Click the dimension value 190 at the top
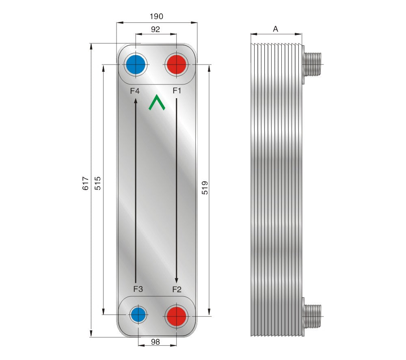(156, 16)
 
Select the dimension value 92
(155, 29)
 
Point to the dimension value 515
(97, 183)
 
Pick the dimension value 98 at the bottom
(155, 342)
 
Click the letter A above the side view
(276, 29)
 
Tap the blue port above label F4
(136, 65)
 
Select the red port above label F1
(177, 65)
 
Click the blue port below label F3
(138, 315)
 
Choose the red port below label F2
(176, 316)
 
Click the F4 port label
(135, 91)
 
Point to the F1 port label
(177, 91)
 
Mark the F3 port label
(138, 289)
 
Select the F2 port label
(177, 289)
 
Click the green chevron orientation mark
(156, 103)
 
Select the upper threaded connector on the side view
(313, 64)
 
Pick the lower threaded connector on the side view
(313, 316)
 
